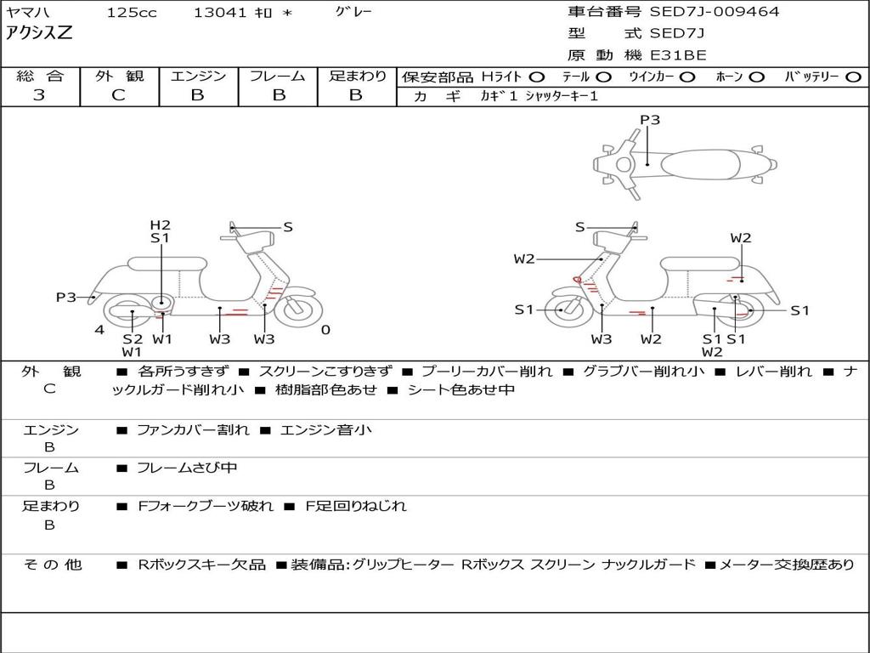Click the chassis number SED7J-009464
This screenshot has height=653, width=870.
(715, 11)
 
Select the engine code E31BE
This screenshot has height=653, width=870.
(678, 55)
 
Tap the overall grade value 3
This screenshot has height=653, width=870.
(39, 94)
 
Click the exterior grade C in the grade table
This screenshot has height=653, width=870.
(118, 94)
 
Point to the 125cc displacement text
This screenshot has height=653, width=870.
(132, 12)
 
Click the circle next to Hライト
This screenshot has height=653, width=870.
(537, 77)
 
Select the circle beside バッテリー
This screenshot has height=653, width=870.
(853, 77)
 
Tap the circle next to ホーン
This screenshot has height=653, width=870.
(756, 77)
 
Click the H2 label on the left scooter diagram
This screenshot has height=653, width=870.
(161, 224)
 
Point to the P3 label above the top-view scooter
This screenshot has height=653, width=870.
(650, 120)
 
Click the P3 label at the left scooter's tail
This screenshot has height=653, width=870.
(66, 297)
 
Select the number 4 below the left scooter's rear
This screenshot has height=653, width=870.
(99, 330)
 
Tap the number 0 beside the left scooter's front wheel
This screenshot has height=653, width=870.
(325, 330)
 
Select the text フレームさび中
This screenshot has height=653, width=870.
(187, 468)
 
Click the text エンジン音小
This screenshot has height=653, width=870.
(326, 429)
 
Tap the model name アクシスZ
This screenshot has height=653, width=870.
(39, 33)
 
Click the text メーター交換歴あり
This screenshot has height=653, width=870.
(787, 565)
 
